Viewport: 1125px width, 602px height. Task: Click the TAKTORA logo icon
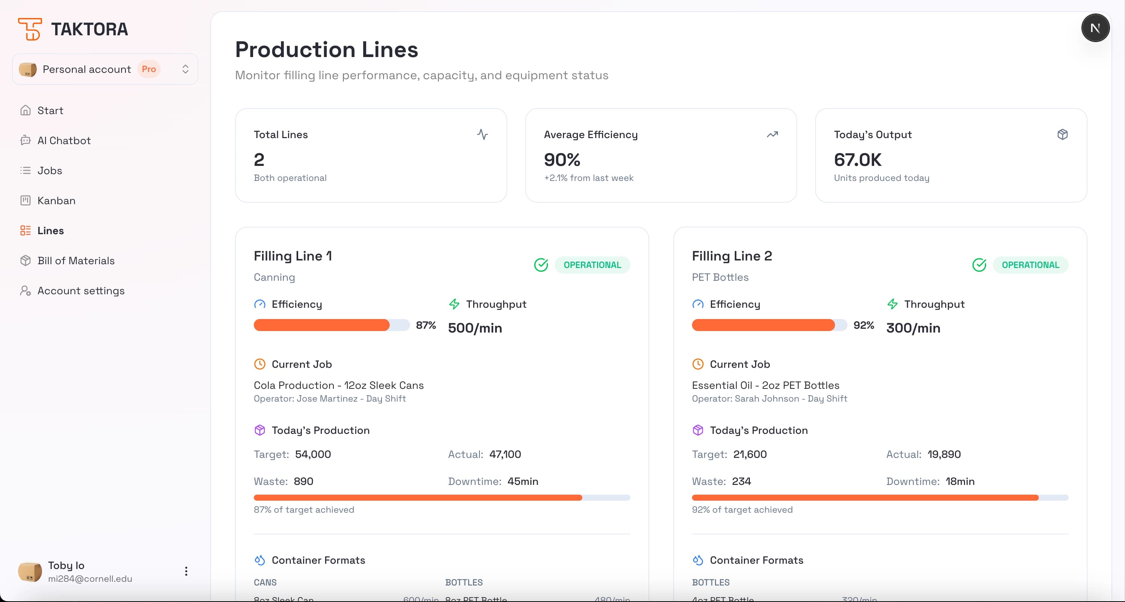click(30, 29)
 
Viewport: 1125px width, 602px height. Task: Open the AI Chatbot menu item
click(64, 141)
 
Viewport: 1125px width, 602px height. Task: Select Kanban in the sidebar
click(56, 200)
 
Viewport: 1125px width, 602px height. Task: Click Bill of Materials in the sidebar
click(76, 260)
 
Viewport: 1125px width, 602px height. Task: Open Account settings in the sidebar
click(81, 291)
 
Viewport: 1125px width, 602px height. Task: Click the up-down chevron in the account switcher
click(185, 69)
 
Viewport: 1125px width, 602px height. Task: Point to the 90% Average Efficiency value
click(562, 160)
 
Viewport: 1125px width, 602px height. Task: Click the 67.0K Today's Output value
click(857, 160)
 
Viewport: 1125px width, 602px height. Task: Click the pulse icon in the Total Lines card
click(482, 134)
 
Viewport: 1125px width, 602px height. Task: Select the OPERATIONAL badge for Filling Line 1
click(592, 265)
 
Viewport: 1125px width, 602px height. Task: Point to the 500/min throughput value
click(475, 328)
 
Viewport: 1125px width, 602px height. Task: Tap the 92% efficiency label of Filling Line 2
click(863, 325)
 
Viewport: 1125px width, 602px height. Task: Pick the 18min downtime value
click(959, 481)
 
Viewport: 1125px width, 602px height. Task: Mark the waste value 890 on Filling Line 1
click(303, 481)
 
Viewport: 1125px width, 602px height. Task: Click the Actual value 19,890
click(944, 454)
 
